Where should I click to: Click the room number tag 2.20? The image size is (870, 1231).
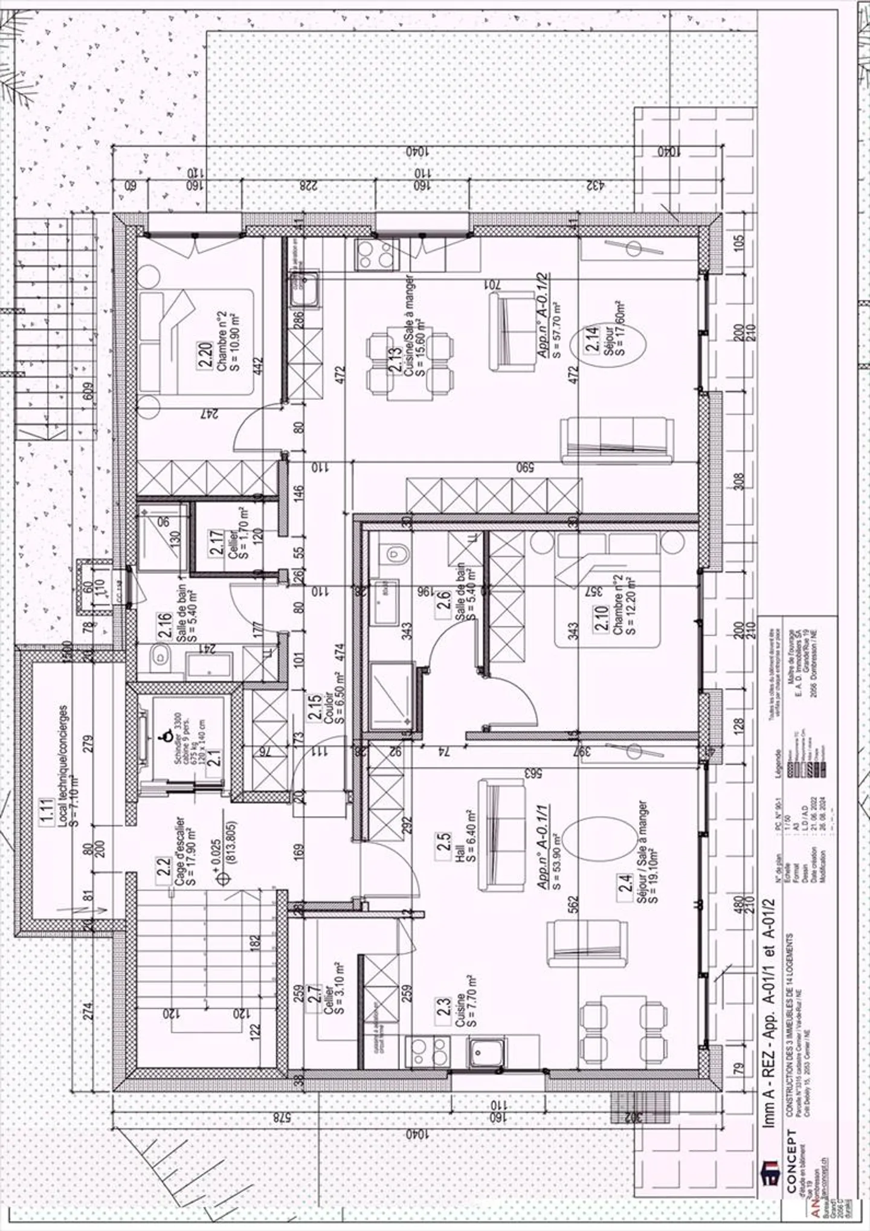[205, 355]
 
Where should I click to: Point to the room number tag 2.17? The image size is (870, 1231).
[216, 542]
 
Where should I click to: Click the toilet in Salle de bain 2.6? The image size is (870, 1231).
[394, 553]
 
